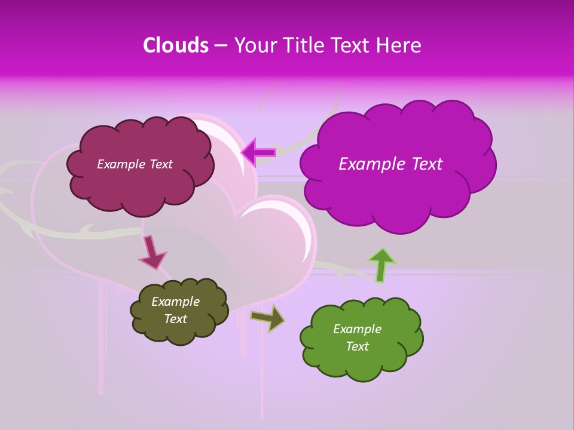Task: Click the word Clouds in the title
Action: pos(175,45)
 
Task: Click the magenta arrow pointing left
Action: pos(259,153)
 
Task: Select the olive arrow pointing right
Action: pos(267,318)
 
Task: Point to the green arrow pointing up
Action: pos(381,265)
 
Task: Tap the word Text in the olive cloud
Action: pos(176,319)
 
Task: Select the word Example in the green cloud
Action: pos(357,329)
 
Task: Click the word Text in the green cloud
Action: pos(357,346)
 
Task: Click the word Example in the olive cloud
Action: pos(176,302)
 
